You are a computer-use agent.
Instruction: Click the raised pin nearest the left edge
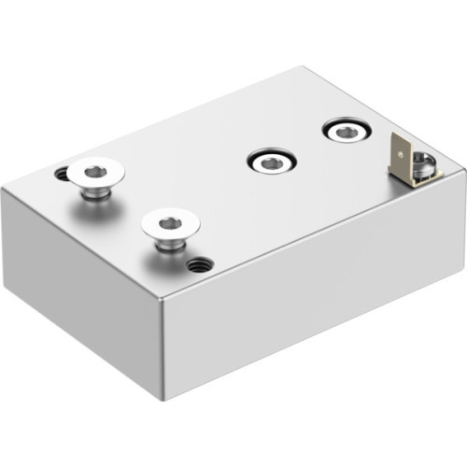[x=94, y=177]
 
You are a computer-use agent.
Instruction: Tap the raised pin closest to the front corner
[x=168, y=230]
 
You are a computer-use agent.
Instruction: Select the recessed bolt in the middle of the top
[x=270, y=163]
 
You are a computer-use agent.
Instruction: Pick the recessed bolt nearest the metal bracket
[x=345, y=132]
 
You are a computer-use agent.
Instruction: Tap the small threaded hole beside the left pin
[x=62, y=174]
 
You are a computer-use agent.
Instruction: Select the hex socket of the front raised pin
[x=169, y=223]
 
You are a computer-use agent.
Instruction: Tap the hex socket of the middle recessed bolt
[x=270, y=163]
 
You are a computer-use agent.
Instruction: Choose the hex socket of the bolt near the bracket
[x=345, y=132]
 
